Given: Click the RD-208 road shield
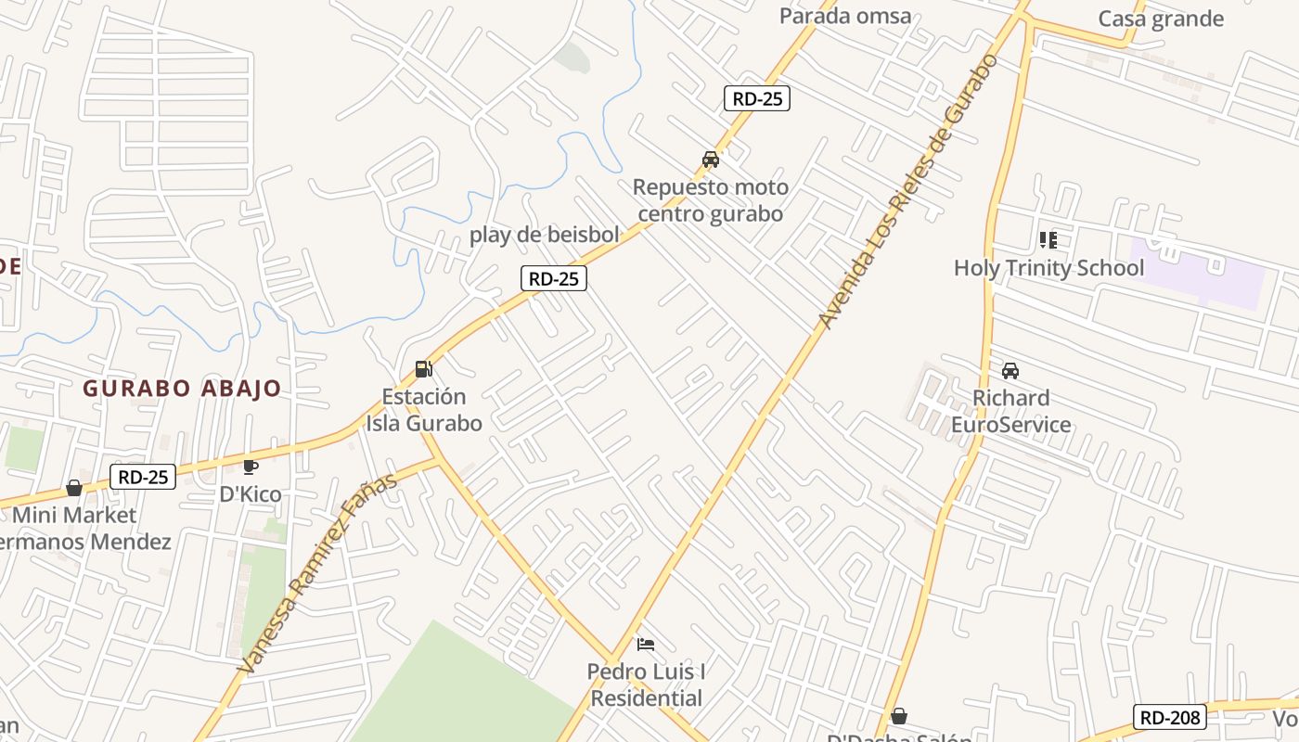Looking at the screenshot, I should click(1171, 717).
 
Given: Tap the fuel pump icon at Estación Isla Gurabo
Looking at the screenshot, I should click(424, 369).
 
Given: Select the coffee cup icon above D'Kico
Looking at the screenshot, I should click(250, 467).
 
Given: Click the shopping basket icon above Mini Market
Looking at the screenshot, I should click(74, 488).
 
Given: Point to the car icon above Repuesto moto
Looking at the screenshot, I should click(711, 160).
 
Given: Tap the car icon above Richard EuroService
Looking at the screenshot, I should click(1010, 371).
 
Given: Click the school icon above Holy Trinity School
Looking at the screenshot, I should click(1048, 241).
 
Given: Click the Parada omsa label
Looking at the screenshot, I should click(845, 16).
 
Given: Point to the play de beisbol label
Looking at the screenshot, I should click(544, 235).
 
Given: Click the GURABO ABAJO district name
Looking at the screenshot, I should click(182, 388).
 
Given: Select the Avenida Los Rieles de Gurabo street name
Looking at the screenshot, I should click(908, 191).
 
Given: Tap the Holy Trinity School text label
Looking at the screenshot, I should click(1048, 268).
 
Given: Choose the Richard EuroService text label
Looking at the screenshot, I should click(1010, 412).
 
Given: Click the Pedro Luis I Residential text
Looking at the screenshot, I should click(647, 684).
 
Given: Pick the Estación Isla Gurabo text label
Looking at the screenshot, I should click(424, 410).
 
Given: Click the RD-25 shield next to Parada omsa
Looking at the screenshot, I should click(757, 98).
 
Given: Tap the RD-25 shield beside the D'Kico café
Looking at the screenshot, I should click(143, 478).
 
